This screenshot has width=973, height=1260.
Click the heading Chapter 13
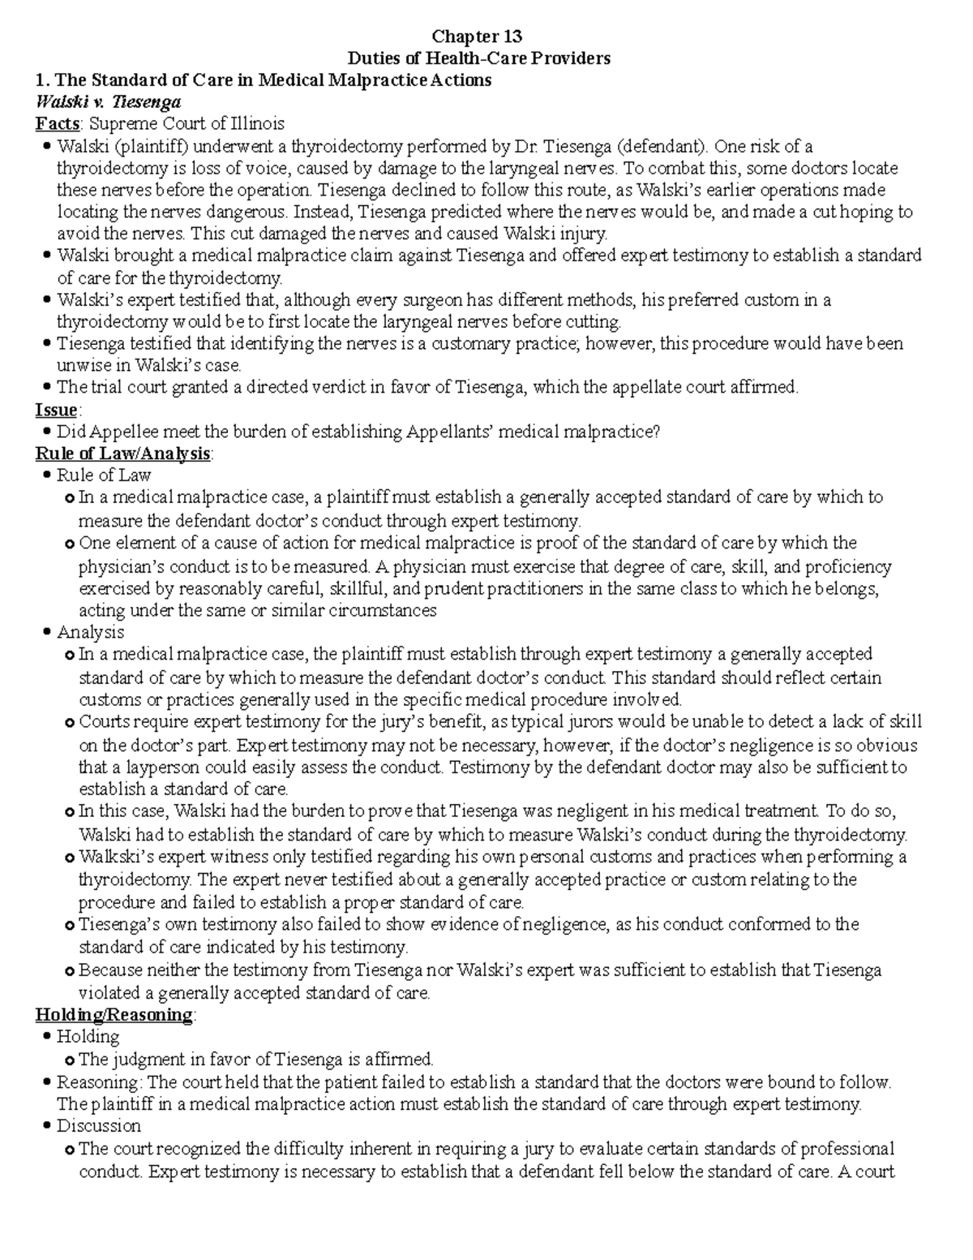click(477, 37)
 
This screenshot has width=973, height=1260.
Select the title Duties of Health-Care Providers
click(478, 58)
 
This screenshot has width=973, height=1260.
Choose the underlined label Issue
click(56, 410)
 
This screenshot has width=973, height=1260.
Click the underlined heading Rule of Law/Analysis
click(122, 454)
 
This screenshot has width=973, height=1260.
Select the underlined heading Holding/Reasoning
click(114, 1015)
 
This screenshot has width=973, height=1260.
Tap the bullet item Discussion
click(99, 1126)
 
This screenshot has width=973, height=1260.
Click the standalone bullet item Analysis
click(91, 632)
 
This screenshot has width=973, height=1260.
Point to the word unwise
click(81, 365)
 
